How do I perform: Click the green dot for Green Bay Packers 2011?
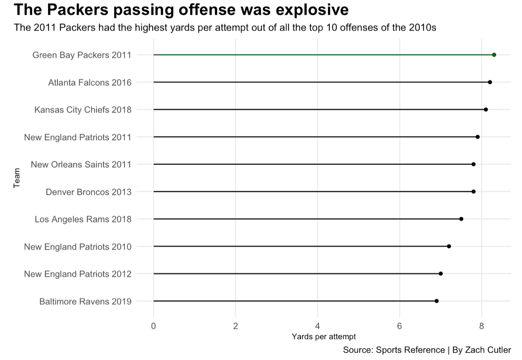494,55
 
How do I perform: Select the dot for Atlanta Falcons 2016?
490,82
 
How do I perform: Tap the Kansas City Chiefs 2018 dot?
486,109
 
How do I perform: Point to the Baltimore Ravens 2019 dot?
436,301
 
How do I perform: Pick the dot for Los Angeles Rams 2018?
461,219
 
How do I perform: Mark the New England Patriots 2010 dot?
449,246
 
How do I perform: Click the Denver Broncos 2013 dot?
473,191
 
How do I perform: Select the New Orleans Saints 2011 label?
81,164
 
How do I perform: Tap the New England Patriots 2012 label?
77,274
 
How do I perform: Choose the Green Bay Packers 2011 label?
82,55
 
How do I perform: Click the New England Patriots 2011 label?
77,137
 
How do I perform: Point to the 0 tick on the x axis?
153,326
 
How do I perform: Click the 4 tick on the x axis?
318,326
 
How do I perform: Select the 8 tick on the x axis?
481,326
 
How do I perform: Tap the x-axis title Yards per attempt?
324,336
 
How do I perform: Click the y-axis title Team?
17,179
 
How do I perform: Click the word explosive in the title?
306,10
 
